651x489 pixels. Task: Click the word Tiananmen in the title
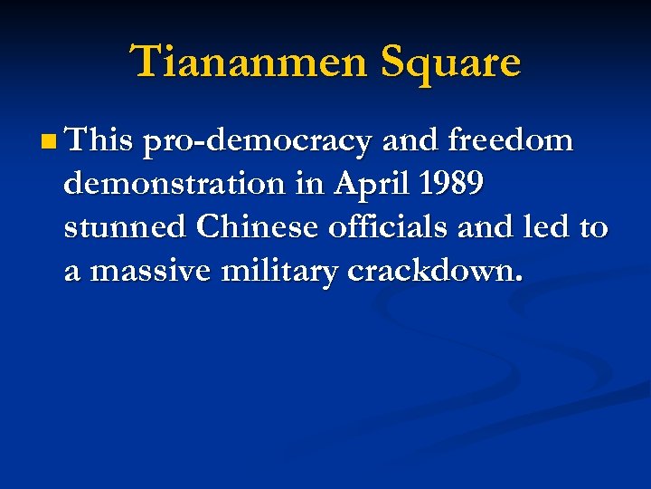click(250, 62)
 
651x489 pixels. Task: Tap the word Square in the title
click(450, 62)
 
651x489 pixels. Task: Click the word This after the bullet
click(99, 140)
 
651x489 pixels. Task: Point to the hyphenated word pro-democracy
click(258, 142)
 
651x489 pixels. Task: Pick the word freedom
click(510, 140)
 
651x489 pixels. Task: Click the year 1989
click(450, 184)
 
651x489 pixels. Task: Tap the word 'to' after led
click(592, 228)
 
